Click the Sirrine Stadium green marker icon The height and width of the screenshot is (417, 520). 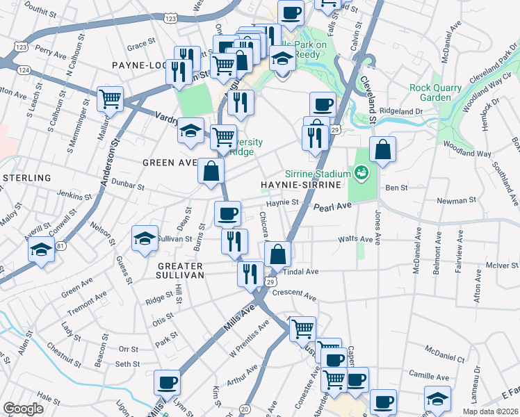(x=361, y=171)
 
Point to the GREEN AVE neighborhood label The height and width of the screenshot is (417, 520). (x=170, y=163)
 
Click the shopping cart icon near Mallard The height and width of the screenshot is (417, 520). (x=110, y=99)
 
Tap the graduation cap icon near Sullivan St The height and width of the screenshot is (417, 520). (x=145, y=238)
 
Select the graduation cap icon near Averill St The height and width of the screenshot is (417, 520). (x=42, y=249)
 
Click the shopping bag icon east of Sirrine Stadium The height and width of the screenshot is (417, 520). (x=382, y=148)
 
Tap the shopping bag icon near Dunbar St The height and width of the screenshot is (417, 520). (x=211, y=170)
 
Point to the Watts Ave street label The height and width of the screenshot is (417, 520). (x=356, y=239)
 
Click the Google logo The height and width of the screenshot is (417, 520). (x=24, y=409)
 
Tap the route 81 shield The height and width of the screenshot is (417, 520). (x=61, y=246)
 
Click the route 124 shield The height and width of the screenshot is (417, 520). (x=24, y=69)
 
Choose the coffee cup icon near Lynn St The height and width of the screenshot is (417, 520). (x=167, y=382)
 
